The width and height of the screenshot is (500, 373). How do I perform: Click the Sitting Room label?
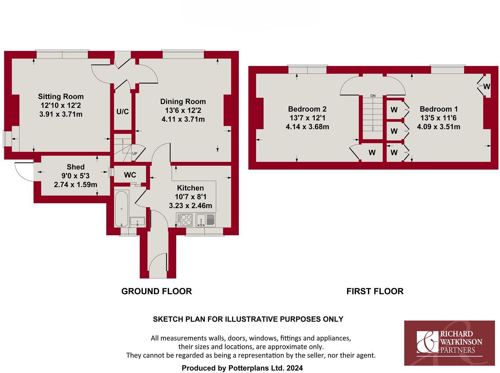[x=61, y=96]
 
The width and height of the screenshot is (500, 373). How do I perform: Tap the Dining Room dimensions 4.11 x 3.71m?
[x=183, y=119]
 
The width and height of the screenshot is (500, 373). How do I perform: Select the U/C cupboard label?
[x=122, y=111]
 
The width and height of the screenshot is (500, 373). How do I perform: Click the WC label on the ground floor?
[x=130, y=175]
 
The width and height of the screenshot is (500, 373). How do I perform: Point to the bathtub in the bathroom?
[x=122, y=209]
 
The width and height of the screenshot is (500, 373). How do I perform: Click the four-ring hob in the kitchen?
[x=185, y=220]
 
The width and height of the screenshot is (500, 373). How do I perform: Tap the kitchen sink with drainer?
[x=205, y=220]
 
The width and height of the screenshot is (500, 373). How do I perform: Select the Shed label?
[x=75, y=167]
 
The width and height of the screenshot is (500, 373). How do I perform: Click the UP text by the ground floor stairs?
[x=135, y=154]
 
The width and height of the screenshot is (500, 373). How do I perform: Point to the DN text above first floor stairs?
[x=373, y=96]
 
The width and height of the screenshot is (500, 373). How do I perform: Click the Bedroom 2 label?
[x=307, y=109]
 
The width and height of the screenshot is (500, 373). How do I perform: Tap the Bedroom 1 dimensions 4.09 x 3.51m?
[x=438, y=127]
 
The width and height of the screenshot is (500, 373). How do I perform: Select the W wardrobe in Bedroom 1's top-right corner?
[x=486, y=86]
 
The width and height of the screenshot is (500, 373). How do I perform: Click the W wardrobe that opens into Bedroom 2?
[x=372, y=152]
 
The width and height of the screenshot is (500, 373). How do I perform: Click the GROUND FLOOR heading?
[x=156, y=291]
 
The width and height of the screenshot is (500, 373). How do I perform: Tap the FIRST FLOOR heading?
[x=375, y=291]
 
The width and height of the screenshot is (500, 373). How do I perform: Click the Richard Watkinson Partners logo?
[x=449, y=343]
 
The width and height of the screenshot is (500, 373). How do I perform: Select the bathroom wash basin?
[x=137, y=222]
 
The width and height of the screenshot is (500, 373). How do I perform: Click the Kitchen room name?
[x=190, y=188]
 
